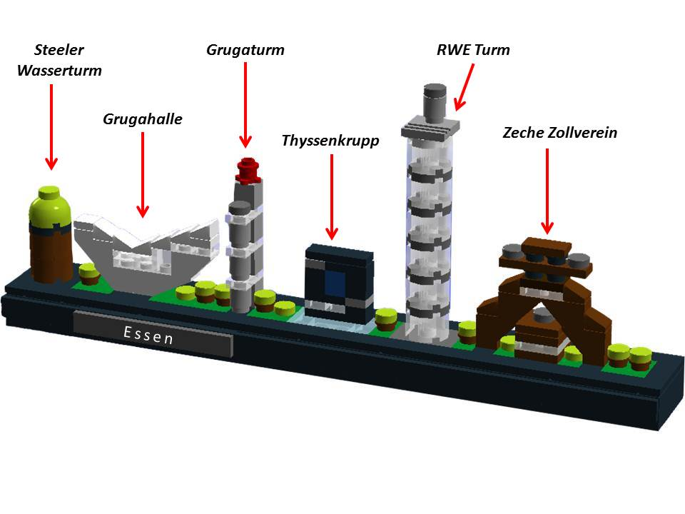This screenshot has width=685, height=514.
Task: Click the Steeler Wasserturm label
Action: tap(59, 61)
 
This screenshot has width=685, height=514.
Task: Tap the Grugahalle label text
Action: tap(143, 119)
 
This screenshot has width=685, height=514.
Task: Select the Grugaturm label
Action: tap(245, 50)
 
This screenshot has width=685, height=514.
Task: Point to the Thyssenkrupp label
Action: tap(330, 140)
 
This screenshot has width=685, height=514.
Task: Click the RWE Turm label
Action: tap(473, 50)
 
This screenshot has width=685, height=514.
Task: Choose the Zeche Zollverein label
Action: tap(560, 133)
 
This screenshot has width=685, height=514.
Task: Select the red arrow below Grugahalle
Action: tap(143, 174)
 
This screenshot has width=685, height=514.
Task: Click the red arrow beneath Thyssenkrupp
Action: tap(331, 196)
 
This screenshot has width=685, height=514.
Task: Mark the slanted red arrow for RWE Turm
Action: tap(465, 87)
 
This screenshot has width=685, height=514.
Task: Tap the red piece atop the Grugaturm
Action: tap(248, 170)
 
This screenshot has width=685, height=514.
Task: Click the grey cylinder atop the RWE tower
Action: tap(434, 100)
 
